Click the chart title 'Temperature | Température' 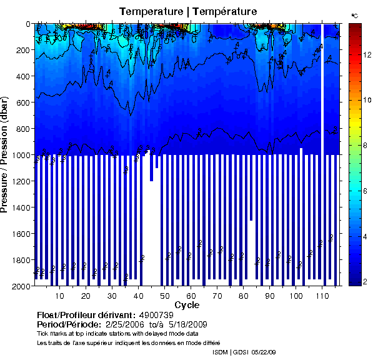click(187, 12)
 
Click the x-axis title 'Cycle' click(187, 305)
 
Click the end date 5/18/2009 click(186, 325)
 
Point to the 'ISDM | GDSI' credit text click(231, 352)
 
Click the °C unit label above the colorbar click(354, 16)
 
